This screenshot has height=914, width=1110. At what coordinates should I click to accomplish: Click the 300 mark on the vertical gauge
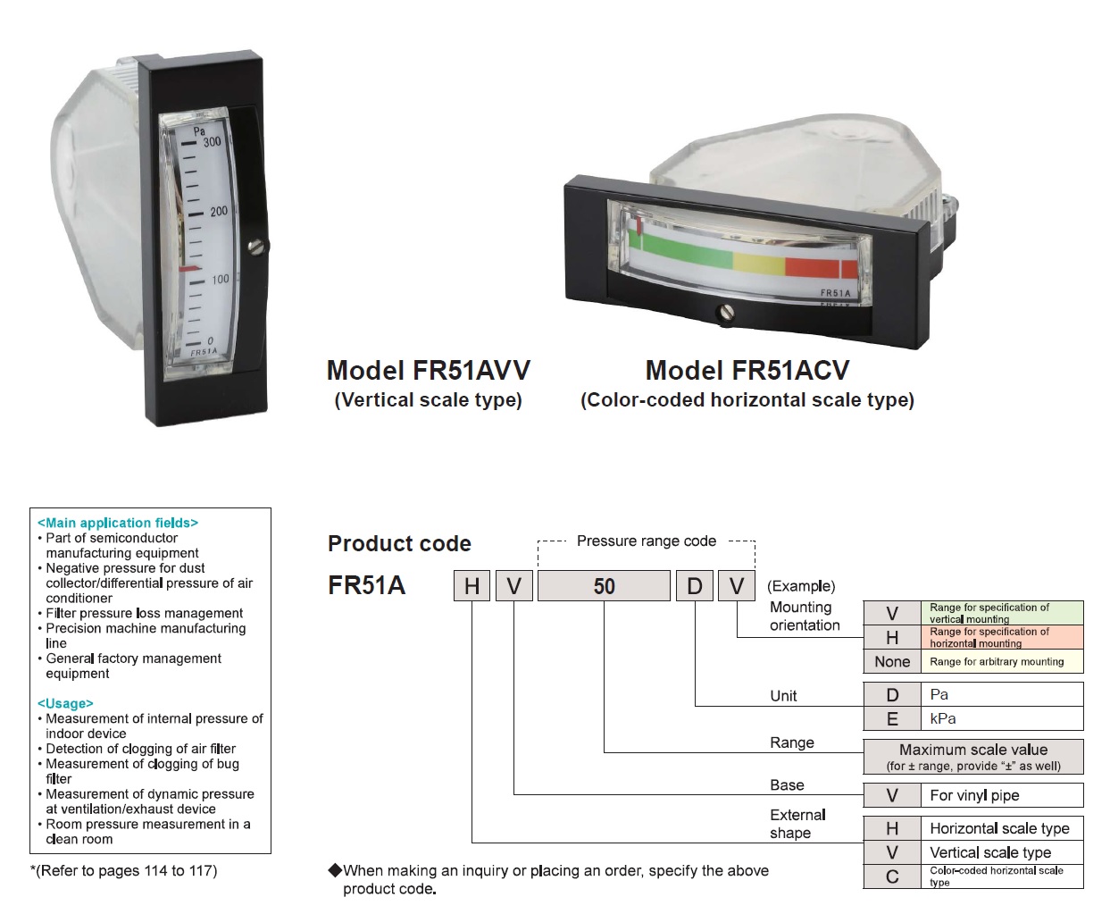pyautogui.click(x=213, y=142)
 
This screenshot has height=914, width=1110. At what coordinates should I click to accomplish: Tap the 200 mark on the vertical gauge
pyautogui.click(x=219, y=212)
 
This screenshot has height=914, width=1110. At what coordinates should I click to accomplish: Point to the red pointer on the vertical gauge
pyautogui.click(x=189, y=269)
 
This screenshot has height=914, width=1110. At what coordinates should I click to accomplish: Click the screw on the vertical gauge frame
pyautogui.click(x=256, y=247)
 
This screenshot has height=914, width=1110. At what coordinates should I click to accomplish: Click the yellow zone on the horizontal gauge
pyautogui.click(x=759, y=264)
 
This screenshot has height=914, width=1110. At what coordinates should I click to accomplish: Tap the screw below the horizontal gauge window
pyautogui.click(x=726, y=312)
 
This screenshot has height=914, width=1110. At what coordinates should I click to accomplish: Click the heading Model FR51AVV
pyautogui.click(x=429, y=370)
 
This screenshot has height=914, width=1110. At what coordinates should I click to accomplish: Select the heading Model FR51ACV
pyautogui.click(x=747, y=370)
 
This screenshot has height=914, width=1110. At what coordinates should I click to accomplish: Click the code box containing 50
pyautogui.click(x=604, y=585)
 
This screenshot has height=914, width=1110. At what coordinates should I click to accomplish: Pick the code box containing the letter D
pyautogui.click(x=695, y=585)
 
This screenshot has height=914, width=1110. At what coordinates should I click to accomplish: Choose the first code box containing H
pyautogui.click(x=472, y=585)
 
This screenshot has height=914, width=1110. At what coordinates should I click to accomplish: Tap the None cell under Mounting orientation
pyautogui.click(x=892, y=661)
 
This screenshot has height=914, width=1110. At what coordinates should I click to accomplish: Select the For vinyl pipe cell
pyautogui.click(x=1002, y=795)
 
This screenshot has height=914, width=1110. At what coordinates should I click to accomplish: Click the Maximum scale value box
pyautogui.click(x=973, y=757)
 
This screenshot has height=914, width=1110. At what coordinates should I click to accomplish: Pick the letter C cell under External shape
pyautogui.click(x=892, y=876)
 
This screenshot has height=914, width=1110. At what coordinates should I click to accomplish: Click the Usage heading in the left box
pyautogui.click(x=65, y=703)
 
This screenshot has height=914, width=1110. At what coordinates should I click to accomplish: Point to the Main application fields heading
pyautogui.click(x=117, y=523)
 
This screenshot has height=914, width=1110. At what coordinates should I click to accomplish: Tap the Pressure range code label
pyautogui.click(x=647, y=541)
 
